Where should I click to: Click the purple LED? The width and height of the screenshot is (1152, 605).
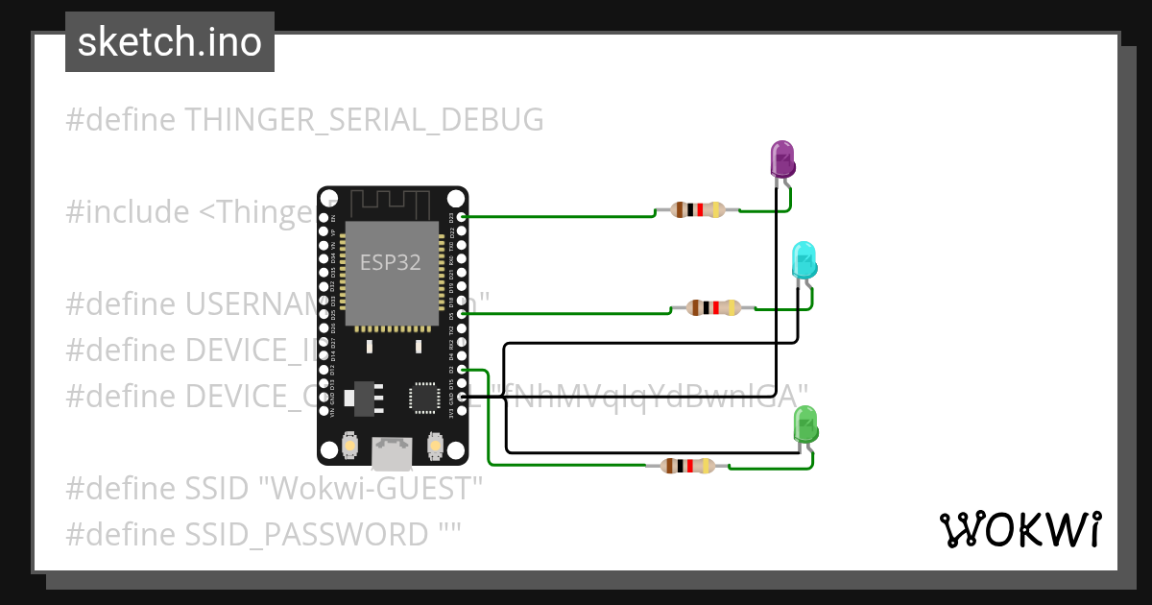click(783, 158)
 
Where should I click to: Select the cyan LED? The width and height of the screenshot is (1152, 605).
click(804, 261)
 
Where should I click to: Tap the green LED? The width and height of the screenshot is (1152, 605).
click(805, 424)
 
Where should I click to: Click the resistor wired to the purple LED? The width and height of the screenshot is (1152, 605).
click(697, 210)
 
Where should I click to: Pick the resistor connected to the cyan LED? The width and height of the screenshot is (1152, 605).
click(712, 308)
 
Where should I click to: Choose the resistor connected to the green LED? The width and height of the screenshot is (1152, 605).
click(687, 467)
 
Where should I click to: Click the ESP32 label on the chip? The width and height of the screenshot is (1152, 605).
click(391, 262)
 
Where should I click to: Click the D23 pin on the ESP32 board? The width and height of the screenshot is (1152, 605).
click(463, 218)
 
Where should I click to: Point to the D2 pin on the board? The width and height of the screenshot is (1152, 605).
click(463, 370)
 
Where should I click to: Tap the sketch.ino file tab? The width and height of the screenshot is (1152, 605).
click(170, 42)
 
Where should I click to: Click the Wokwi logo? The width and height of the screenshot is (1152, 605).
click(1020, 529)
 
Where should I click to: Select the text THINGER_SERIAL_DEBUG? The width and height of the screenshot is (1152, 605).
click(364, 120)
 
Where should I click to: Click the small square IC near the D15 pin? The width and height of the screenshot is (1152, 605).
click(423, 398)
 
